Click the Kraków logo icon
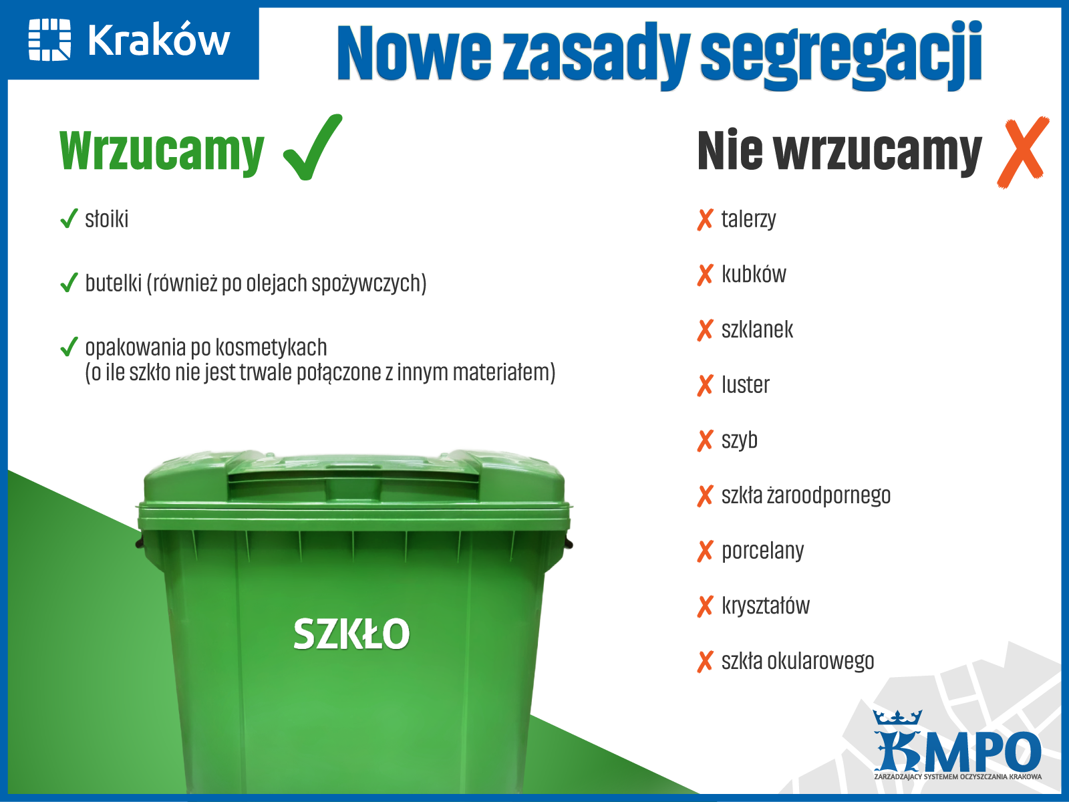click(49, 39)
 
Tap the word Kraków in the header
click(159, 40)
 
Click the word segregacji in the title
click(841, 55)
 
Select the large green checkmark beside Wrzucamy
click(313, 147)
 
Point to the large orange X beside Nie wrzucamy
click(1023, 152)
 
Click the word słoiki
click(107, 219)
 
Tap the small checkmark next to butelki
click(69, 283)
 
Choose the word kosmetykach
click(271, 347)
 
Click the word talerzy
click(748, 220)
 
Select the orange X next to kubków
click(705, 275)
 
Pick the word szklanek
click(757, 329)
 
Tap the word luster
click(745, 385)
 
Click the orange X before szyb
click(705, 440)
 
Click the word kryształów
click(766, 606)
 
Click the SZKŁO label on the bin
click(351, 634)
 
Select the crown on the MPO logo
click(897, 717)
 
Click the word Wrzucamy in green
click(162, 151)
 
